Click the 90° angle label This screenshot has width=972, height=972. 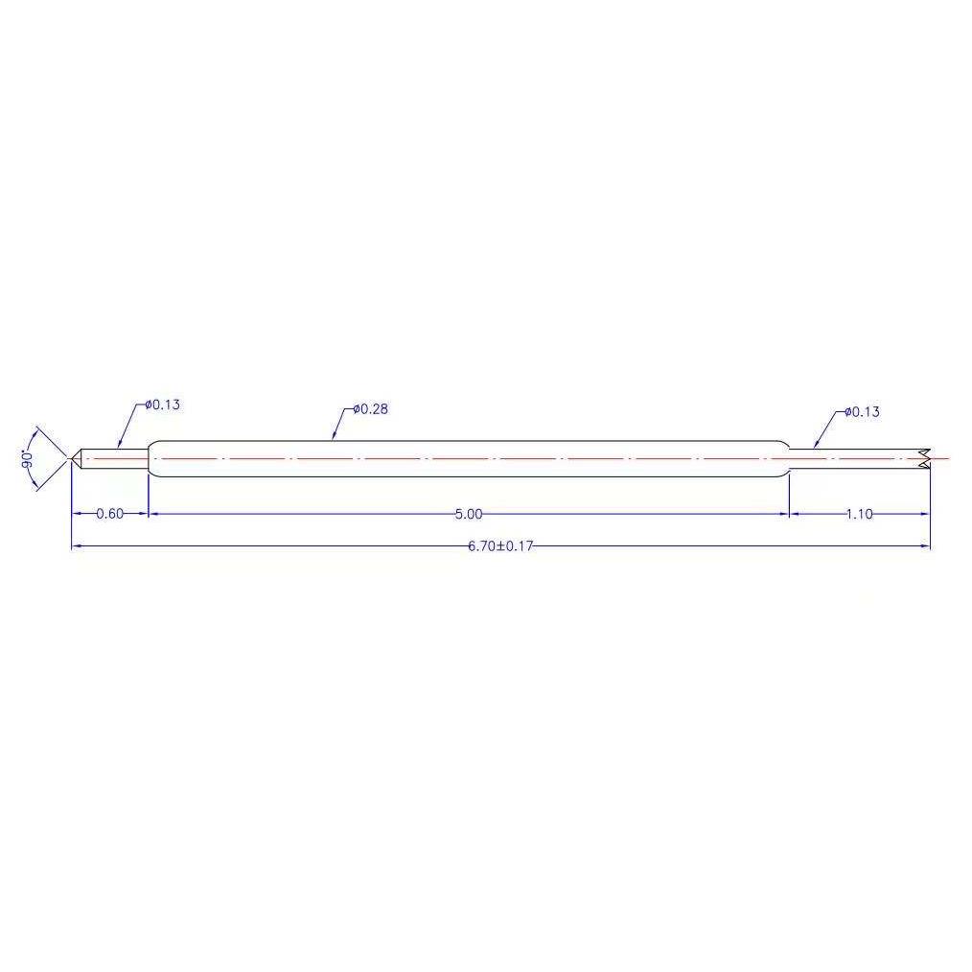pos(27,459)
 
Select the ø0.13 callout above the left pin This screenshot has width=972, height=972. pos(163,405)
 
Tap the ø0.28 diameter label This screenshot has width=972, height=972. pos(370,409)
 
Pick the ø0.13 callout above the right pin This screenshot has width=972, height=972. pos(862,412)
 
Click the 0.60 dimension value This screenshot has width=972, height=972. pos(110,514)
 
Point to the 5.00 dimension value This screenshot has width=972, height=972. pos(469,515)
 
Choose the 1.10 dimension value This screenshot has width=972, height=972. pos(859,515)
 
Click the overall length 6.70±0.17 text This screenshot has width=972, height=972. pos(499,546)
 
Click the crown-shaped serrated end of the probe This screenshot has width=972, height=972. pos(923,459)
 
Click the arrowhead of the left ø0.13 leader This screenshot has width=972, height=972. pos(119,445)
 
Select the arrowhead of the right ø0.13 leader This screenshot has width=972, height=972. pos(815,446)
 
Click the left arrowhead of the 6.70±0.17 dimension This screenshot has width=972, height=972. pos(77,546)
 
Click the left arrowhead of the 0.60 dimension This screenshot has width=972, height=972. pos(77,514)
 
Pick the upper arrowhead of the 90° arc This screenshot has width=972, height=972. pos(36,428)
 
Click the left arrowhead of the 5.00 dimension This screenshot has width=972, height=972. pos(153,514)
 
